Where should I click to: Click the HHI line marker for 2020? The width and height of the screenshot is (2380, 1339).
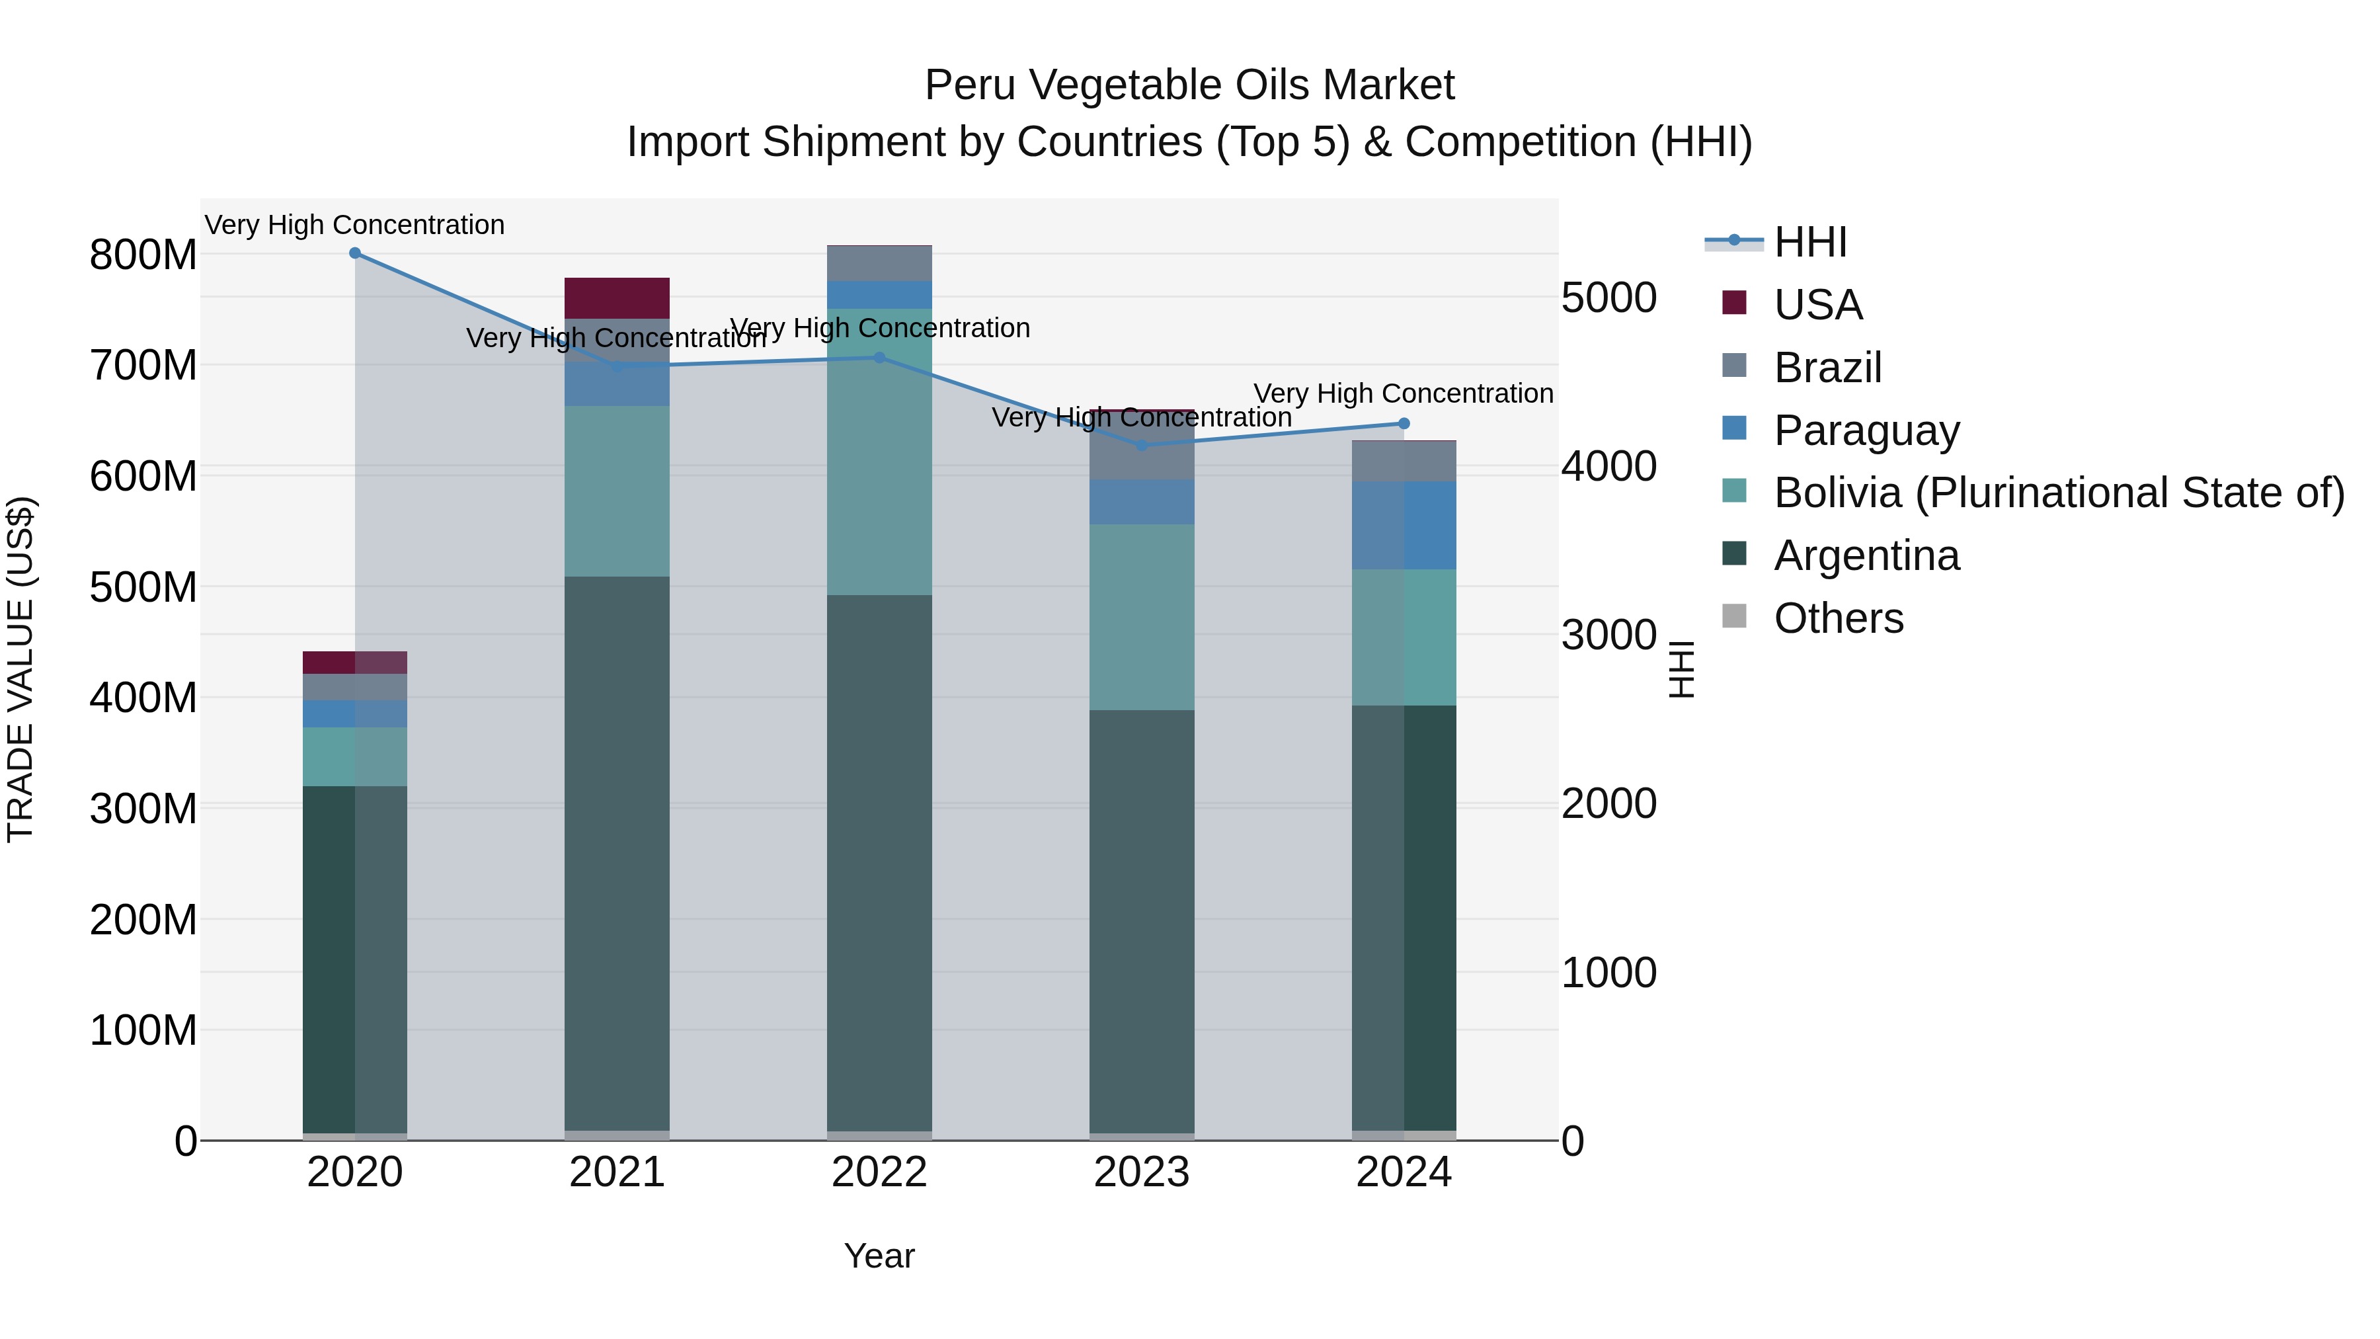(x=355, y=253)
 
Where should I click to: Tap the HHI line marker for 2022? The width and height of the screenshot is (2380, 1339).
(x=879, y=358)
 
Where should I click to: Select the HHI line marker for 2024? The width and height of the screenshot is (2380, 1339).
(x=1404, y=423)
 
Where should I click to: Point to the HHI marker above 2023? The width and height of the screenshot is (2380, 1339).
(x=1142, y=446)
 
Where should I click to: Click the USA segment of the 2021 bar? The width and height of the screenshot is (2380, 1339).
(x=617, y=298)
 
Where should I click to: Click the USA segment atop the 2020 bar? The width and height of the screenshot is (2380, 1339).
(x=355, y=662)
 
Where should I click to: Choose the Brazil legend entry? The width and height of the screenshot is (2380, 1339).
(x=1827, y=368)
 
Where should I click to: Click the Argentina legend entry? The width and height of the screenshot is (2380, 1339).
(x=1866, y=555)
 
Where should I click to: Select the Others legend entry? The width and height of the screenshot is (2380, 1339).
(x=1838, y=618)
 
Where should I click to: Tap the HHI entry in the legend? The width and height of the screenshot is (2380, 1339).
(x=1809, y=242)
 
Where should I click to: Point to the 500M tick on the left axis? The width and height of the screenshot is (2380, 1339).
(x=143, y=587)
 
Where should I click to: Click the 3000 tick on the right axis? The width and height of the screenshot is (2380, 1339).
(x=1608, y=635)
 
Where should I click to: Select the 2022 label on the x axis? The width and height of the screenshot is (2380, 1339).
(x=879, y=1172)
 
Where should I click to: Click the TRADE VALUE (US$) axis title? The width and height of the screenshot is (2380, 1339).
(x=21, y=669)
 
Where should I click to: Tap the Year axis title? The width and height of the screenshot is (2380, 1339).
(x=879, y=1256)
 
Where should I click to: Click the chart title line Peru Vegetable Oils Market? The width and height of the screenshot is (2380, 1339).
(x=1189, y=85)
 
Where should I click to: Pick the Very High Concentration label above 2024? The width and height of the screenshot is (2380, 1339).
(x=1404, y=393)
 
